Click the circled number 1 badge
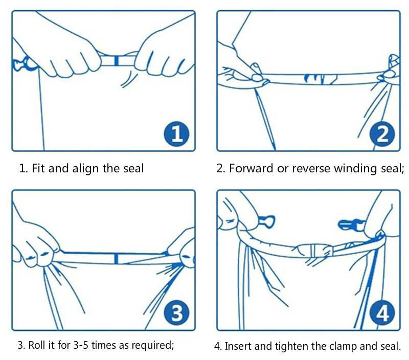click(x=176, y=134)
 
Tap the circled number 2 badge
click(x=382, y=134)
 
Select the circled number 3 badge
click(x=176, y=313)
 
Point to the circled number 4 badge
click(x=382, y=313)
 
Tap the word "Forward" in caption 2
click(x=251, y=168)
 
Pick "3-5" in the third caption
click(x=81, y=345)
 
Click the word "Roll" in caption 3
click(x=35, y=345)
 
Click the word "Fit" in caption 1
click(x=38, y=168)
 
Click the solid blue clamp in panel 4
click(x=351, y=225)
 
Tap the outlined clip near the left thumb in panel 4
click(x=266, y=222)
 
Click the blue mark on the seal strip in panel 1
click(x=117, y=60)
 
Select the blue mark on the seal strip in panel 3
click(x=116, y=259)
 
